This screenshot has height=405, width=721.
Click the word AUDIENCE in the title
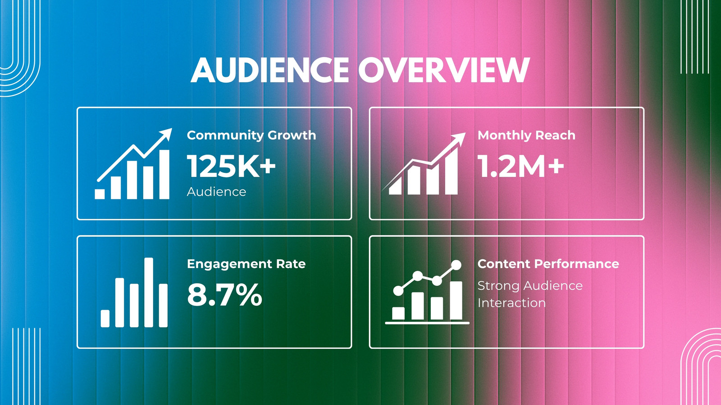click(x=270, y=70)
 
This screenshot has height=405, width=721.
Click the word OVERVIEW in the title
click(x=444, y=70)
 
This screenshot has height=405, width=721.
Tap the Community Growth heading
click(x=251, y=135)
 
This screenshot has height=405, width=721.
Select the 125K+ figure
click(x=232, y=166)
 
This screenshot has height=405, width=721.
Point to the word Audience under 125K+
click(x=216, y=192)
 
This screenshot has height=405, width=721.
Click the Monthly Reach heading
click(x=526, y=135)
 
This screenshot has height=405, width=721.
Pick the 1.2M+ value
click(x=520, y=166)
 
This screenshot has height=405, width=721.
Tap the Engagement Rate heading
click(x=246, y=264)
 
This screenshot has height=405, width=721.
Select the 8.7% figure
click(x=225, y=295)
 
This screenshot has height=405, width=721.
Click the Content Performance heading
click(x=548, y=264)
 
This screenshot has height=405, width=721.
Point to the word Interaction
click(x=511, y=303)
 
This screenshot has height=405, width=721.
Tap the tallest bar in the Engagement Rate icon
click(x=149, y=292)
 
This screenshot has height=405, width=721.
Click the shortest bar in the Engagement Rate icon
click(x=105, y=319)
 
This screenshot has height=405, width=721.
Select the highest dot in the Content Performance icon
click(x=456, y=265)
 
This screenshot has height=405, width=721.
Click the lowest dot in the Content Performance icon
click(x=398, y=291)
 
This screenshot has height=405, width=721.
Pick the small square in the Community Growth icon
click(x=100, y=194)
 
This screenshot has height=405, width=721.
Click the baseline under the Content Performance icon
click(x=427, y=323)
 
